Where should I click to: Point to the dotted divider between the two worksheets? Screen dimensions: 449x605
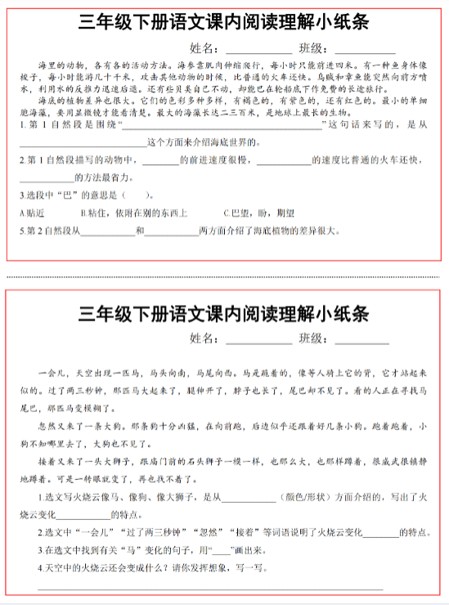click(224, 276)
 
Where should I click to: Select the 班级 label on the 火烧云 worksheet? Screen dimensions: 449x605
click(314, 338)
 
